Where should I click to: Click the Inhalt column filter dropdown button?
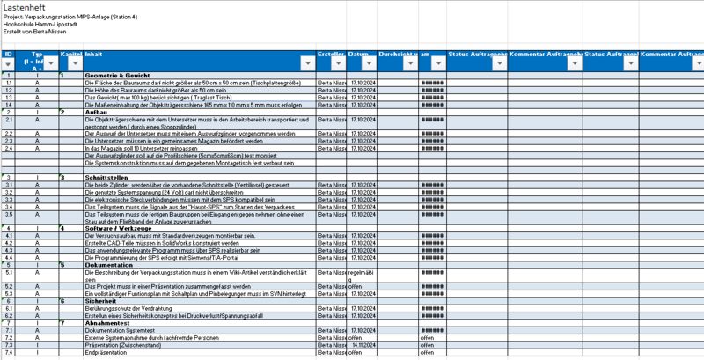pos(306,63)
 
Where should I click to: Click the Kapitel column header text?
pos(70,55)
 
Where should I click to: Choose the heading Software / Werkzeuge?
pos(116,228)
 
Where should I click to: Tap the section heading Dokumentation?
pos(108,264)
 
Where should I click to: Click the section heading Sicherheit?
pos(100,300)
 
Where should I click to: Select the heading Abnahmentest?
pos(106,322)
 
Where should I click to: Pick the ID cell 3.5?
pos(9,214)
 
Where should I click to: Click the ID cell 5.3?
pos(9,293)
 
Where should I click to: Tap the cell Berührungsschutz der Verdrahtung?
pos(133,308)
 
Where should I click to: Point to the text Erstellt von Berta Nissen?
pos(35,32)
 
